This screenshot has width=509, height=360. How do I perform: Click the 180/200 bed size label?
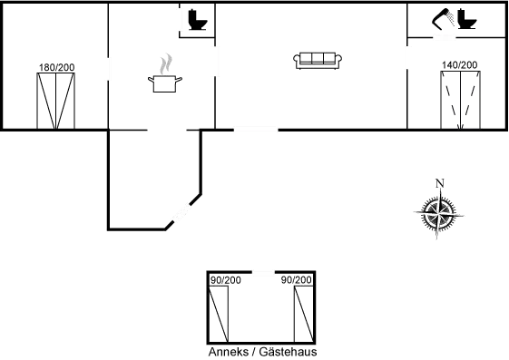pyautogui.click(x=57, y=67)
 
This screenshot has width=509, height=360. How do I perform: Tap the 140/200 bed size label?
pyautogui.click(x=460, y=65)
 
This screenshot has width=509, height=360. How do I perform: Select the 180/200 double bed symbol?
pyautogui.click(x=56, y=101)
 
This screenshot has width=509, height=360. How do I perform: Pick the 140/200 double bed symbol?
pyautogui.click(x=460, y=101)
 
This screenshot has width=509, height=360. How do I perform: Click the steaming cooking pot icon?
pyautogui.click(x=164, y=83)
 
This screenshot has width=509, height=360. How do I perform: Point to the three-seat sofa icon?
pyautogui.click(x=318, y=61)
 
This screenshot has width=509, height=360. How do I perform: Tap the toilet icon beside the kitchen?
pyautogui.click(x=198, y=20)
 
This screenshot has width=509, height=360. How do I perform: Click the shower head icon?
pyautogui.click(x=444, y=19)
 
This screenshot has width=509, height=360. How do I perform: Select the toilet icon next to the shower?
pyautogui.click(x=467, y=19)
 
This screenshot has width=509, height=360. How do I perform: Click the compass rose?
pyautogui.click(x=439, y=213)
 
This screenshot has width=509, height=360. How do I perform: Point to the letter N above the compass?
pyautogui.click(x=440, y=183)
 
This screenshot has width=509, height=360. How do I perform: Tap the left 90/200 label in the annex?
pyautogui.click(x=226, y=280)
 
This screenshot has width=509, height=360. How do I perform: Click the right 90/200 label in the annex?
pyautogui.click(x=297, y=280)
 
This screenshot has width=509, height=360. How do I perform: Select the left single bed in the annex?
pyautogui.click(x=219, y=314)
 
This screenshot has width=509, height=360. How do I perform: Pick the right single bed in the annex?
pyautogui.click(x=304, y=314)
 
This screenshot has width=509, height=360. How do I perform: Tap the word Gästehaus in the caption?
pyautogui.click(x=288, y=352)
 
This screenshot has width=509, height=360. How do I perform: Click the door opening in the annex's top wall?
pyautogui.click(x=263, y=272)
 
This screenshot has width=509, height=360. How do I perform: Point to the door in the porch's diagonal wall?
pyautogui.click(x=181, y=212)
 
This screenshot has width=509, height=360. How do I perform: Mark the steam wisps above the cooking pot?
pyautogui.click(x=166, y=63)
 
